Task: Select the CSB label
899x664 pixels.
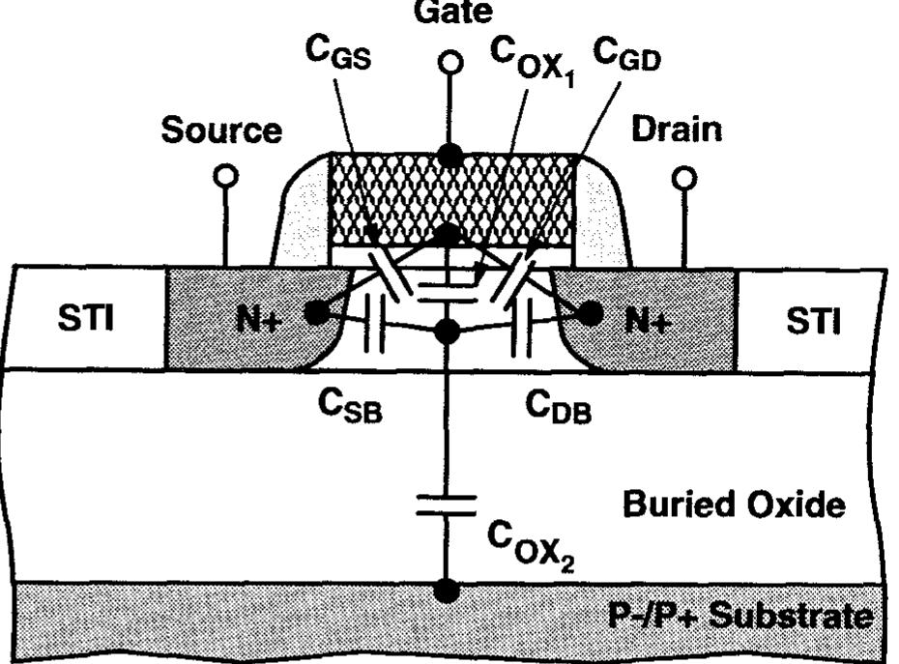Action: [x=351, y=406]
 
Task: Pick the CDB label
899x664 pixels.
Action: [x=558, y=406]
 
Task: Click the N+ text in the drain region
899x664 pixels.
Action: [x=649, y=319]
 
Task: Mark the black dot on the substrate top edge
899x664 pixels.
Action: [x=446, y=589]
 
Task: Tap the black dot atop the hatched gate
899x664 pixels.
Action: [x=448, y=155]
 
